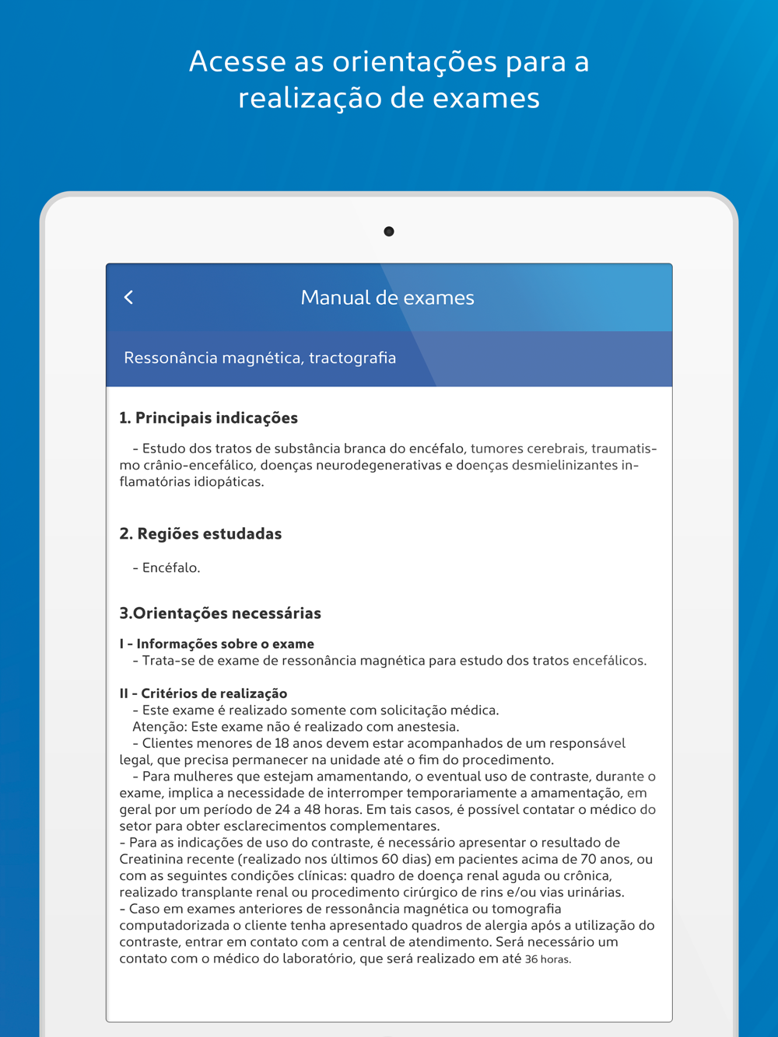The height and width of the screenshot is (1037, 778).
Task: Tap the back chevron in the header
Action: pos(129,297)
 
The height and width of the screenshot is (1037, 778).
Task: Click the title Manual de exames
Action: pos(387,298)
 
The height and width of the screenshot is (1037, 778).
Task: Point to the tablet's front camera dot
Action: pos(389,232)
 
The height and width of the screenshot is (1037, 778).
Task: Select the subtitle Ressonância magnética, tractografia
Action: pos(260,358)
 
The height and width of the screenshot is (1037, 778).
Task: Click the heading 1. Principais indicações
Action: pos(209,418)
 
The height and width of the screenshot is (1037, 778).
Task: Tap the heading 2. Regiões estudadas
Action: pos(201,534)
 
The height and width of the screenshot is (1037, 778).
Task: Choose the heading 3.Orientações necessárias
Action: pos(220,613)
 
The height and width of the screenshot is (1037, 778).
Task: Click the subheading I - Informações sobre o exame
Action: pos(217,644)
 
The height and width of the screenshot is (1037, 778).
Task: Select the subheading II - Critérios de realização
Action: pos(203,693)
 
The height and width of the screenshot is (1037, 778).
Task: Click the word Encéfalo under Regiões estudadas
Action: pos(170,568)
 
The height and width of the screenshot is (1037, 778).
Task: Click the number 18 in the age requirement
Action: pos(282,743)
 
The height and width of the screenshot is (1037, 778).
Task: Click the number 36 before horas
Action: pos(531,959)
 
